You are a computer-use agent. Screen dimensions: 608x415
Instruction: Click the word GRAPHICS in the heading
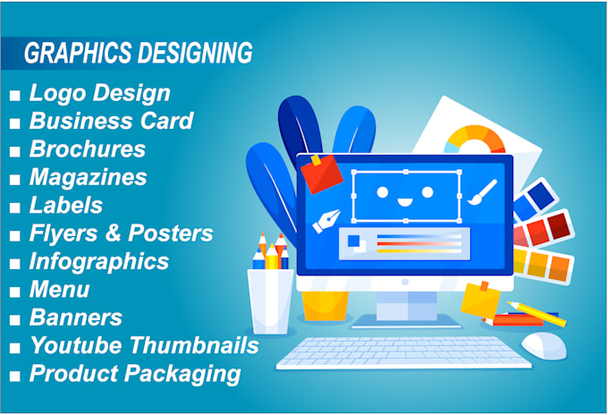point(78,53)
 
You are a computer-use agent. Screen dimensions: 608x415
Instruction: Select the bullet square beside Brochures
point(14,151)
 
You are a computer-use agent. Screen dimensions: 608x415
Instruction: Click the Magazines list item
point(88,177)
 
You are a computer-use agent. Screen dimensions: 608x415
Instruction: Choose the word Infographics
point(99,261)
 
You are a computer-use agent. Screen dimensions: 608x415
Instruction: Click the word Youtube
point(76,345)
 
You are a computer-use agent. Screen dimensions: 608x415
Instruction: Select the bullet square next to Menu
point(14,292)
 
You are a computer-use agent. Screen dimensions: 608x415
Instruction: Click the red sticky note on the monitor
point(322,174)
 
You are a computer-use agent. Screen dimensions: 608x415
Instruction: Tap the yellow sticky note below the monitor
point(480,299)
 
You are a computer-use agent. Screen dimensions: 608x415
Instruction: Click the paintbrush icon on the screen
point(482,192)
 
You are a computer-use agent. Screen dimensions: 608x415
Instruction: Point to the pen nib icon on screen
point(326,221)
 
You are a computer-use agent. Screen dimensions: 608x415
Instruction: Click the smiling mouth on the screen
point(405,201)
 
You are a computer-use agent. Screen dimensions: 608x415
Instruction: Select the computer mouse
point(544,345)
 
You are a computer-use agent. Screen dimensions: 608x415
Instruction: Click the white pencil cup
point(270,301)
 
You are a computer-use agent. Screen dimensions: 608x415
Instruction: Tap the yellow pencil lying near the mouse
point(536,314)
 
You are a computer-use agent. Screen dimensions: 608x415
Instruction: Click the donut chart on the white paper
point(475,139)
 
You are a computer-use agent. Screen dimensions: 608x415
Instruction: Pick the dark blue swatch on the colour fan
point(541,196)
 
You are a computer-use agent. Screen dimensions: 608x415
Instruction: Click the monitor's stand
point(406,309)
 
